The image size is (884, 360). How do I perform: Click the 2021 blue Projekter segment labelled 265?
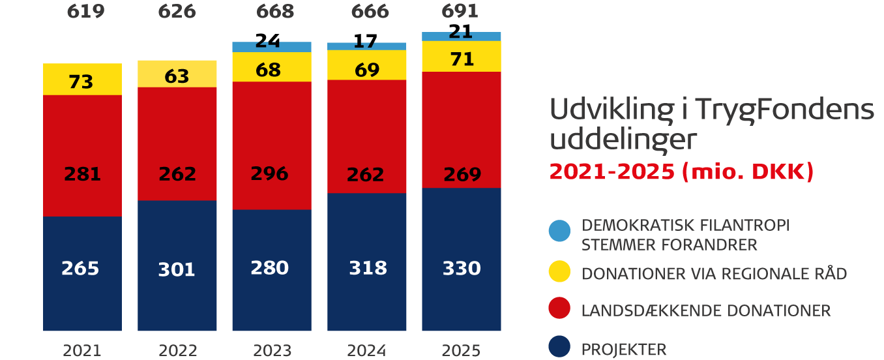click(x=82, y=273)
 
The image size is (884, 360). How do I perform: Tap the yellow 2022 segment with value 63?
click(x=177, y=74)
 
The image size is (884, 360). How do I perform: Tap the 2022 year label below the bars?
click(x=177, y=350)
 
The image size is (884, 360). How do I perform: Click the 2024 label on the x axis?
click(x=368, y=350)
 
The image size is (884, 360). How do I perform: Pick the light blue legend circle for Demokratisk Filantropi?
click(x=559, y=230)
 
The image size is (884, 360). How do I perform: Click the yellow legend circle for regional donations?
click(x=559, y=273)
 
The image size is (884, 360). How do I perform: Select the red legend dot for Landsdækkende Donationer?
click(x=559, y=310)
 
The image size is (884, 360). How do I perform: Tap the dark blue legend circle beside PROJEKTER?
click(x=559, y=348)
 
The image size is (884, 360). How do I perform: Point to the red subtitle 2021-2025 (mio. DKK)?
click(x=681, y=172)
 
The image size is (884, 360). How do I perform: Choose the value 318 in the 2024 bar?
click(x=368, y=268)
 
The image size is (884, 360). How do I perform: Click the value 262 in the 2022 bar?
click(x=177, y=174)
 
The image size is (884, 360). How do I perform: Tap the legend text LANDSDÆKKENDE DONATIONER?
click(x=706, y=310)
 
